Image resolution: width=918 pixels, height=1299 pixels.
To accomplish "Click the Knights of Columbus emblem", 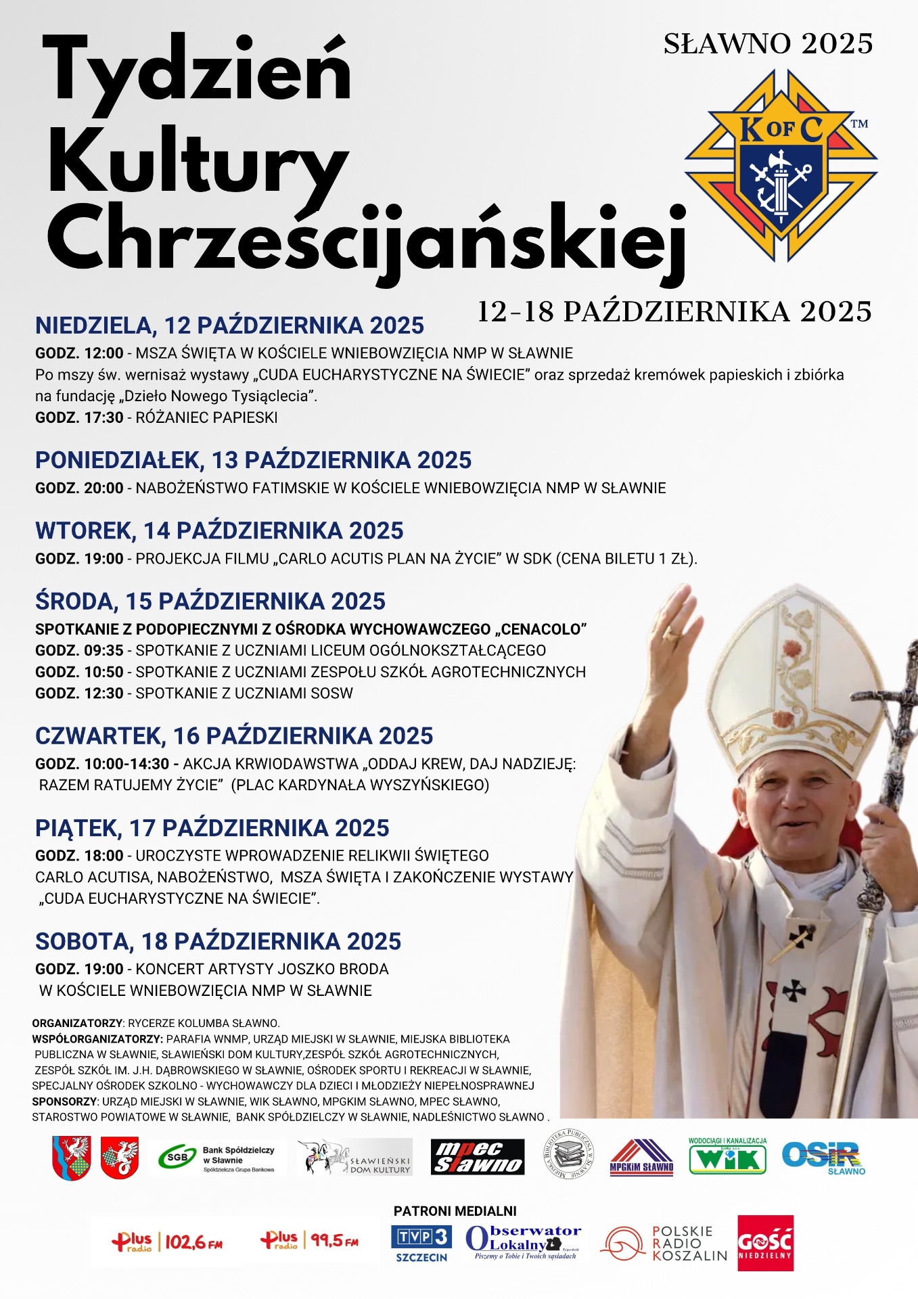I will point(781,166).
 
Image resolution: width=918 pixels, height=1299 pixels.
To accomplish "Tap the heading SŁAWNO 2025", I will point(768,44).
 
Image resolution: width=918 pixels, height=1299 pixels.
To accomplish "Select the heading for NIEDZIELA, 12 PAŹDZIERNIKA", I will point(229,325).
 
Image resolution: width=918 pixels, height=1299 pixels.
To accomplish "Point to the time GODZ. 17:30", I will point(79,417).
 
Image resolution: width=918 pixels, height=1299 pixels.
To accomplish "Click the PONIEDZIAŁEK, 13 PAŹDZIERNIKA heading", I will point(253,460).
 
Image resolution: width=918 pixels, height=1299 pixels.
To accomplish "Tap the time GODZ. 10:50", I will point(79,672).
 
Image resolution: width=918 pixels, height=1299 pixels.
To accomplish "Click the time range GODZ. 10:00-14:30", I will point(102,764).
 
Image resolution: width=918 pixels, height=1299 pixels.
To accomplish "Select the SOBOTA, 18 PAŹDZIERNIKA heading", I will point(218,941).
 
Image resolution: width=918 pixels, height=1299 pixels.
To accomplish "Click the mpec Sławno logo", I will point(478,1157).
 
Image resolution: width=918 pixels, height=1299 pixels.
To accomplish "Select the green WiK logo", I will point(727,1157).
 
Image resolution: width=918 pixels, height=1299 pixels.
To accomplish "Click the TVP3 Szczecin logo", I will point(421,1243).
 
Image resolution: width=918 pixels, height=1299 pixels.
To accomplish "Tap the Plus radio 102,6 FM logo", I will point(167,1242).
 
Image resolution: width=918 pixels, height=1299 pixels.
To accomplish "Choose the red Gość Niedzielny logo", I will point(765,1244).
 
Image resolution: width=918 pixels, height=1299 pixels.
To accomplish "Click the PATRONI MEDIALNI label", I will point(455,1211).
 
